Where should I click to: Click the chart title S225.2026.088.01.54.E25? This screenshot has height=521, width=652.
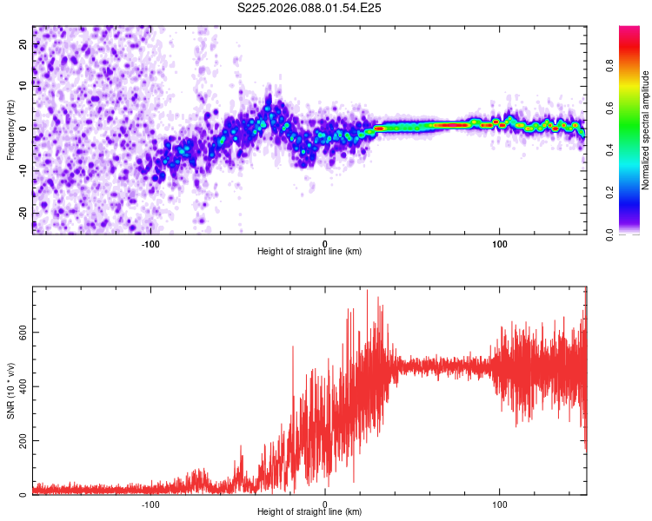[x=310, y=8]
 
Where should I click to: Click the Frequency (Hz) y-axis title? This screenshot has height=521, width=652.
[x=10, y=130]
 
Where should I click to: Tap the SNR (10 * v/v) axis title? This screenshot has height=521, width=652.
[x=10, y=391]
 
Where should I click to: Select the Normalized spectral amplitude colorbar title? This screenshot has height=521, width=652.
[x=645, y=130]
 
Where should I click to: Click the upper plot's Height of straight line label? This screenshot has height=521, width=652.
[x=309, y=251]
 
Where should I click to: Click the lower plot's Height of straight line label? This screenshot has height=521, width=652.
[x=309, y=511]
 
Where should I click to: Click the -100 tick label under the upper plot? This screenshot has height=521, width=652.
[x=150, y=242]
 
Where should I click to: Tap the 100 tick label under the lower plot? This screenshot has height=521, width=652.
[x=500, y=503]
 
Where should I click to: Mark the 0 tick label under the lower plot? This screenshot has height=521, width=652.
[x=325, y=503]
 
